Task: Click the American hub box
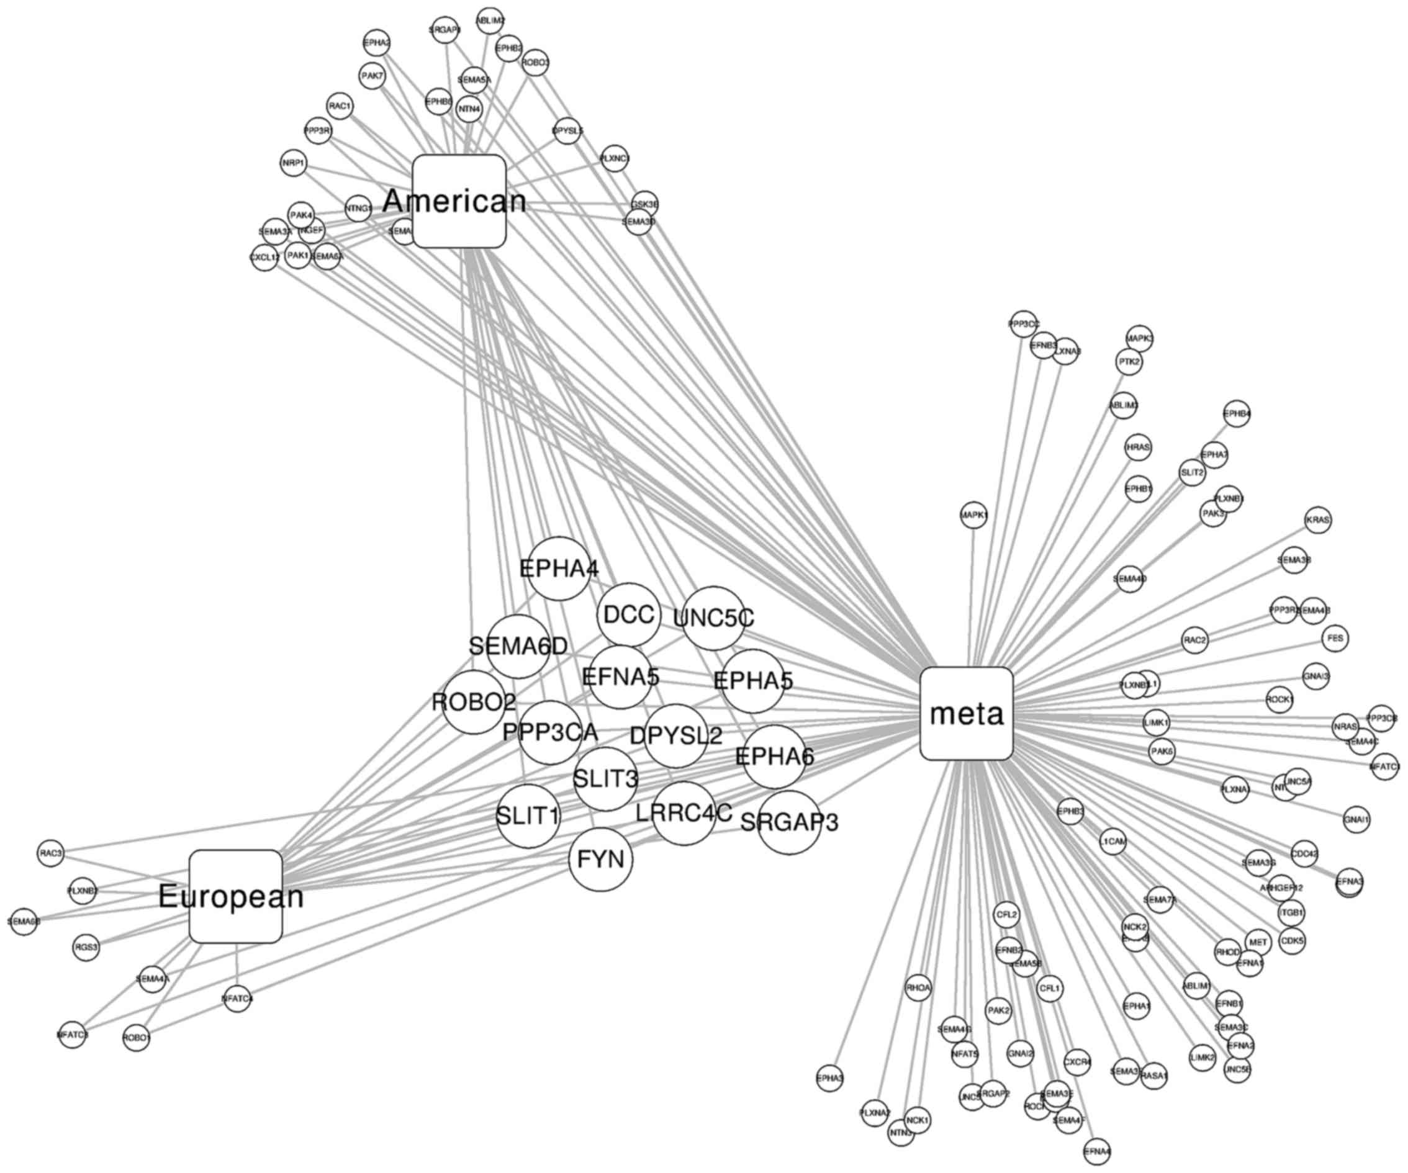(x=459, y=201)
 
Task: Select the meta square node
(x=966, y=714)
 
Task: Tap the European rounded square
(x=235, y=897)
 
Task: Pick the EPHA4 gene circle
(x=559, y=569)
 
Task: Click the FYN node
(x=601, y=860)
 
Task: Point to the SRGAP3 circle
(x=789, y=822)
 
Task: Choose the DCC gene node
(x=628, y=614)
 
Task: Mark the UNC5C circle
(x=713, y=619)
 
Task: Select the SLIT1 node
(x=528, y=816)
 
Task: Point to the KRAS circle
(x=1318, y=520)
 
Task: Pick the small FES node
(x=1335, y=639)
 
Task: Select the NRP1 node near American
(x=294, y=163)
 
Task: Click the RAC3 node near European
(x=51, y=853)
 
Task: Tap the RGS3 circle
(x=86, y=948)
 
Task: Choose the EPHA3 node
(x=830, y=1079)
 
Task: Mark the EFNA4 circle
(x=1097, y=1151)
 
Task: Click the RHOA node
(x=918, y=988)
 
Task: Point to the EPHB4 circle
(x=1237, y=414)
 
